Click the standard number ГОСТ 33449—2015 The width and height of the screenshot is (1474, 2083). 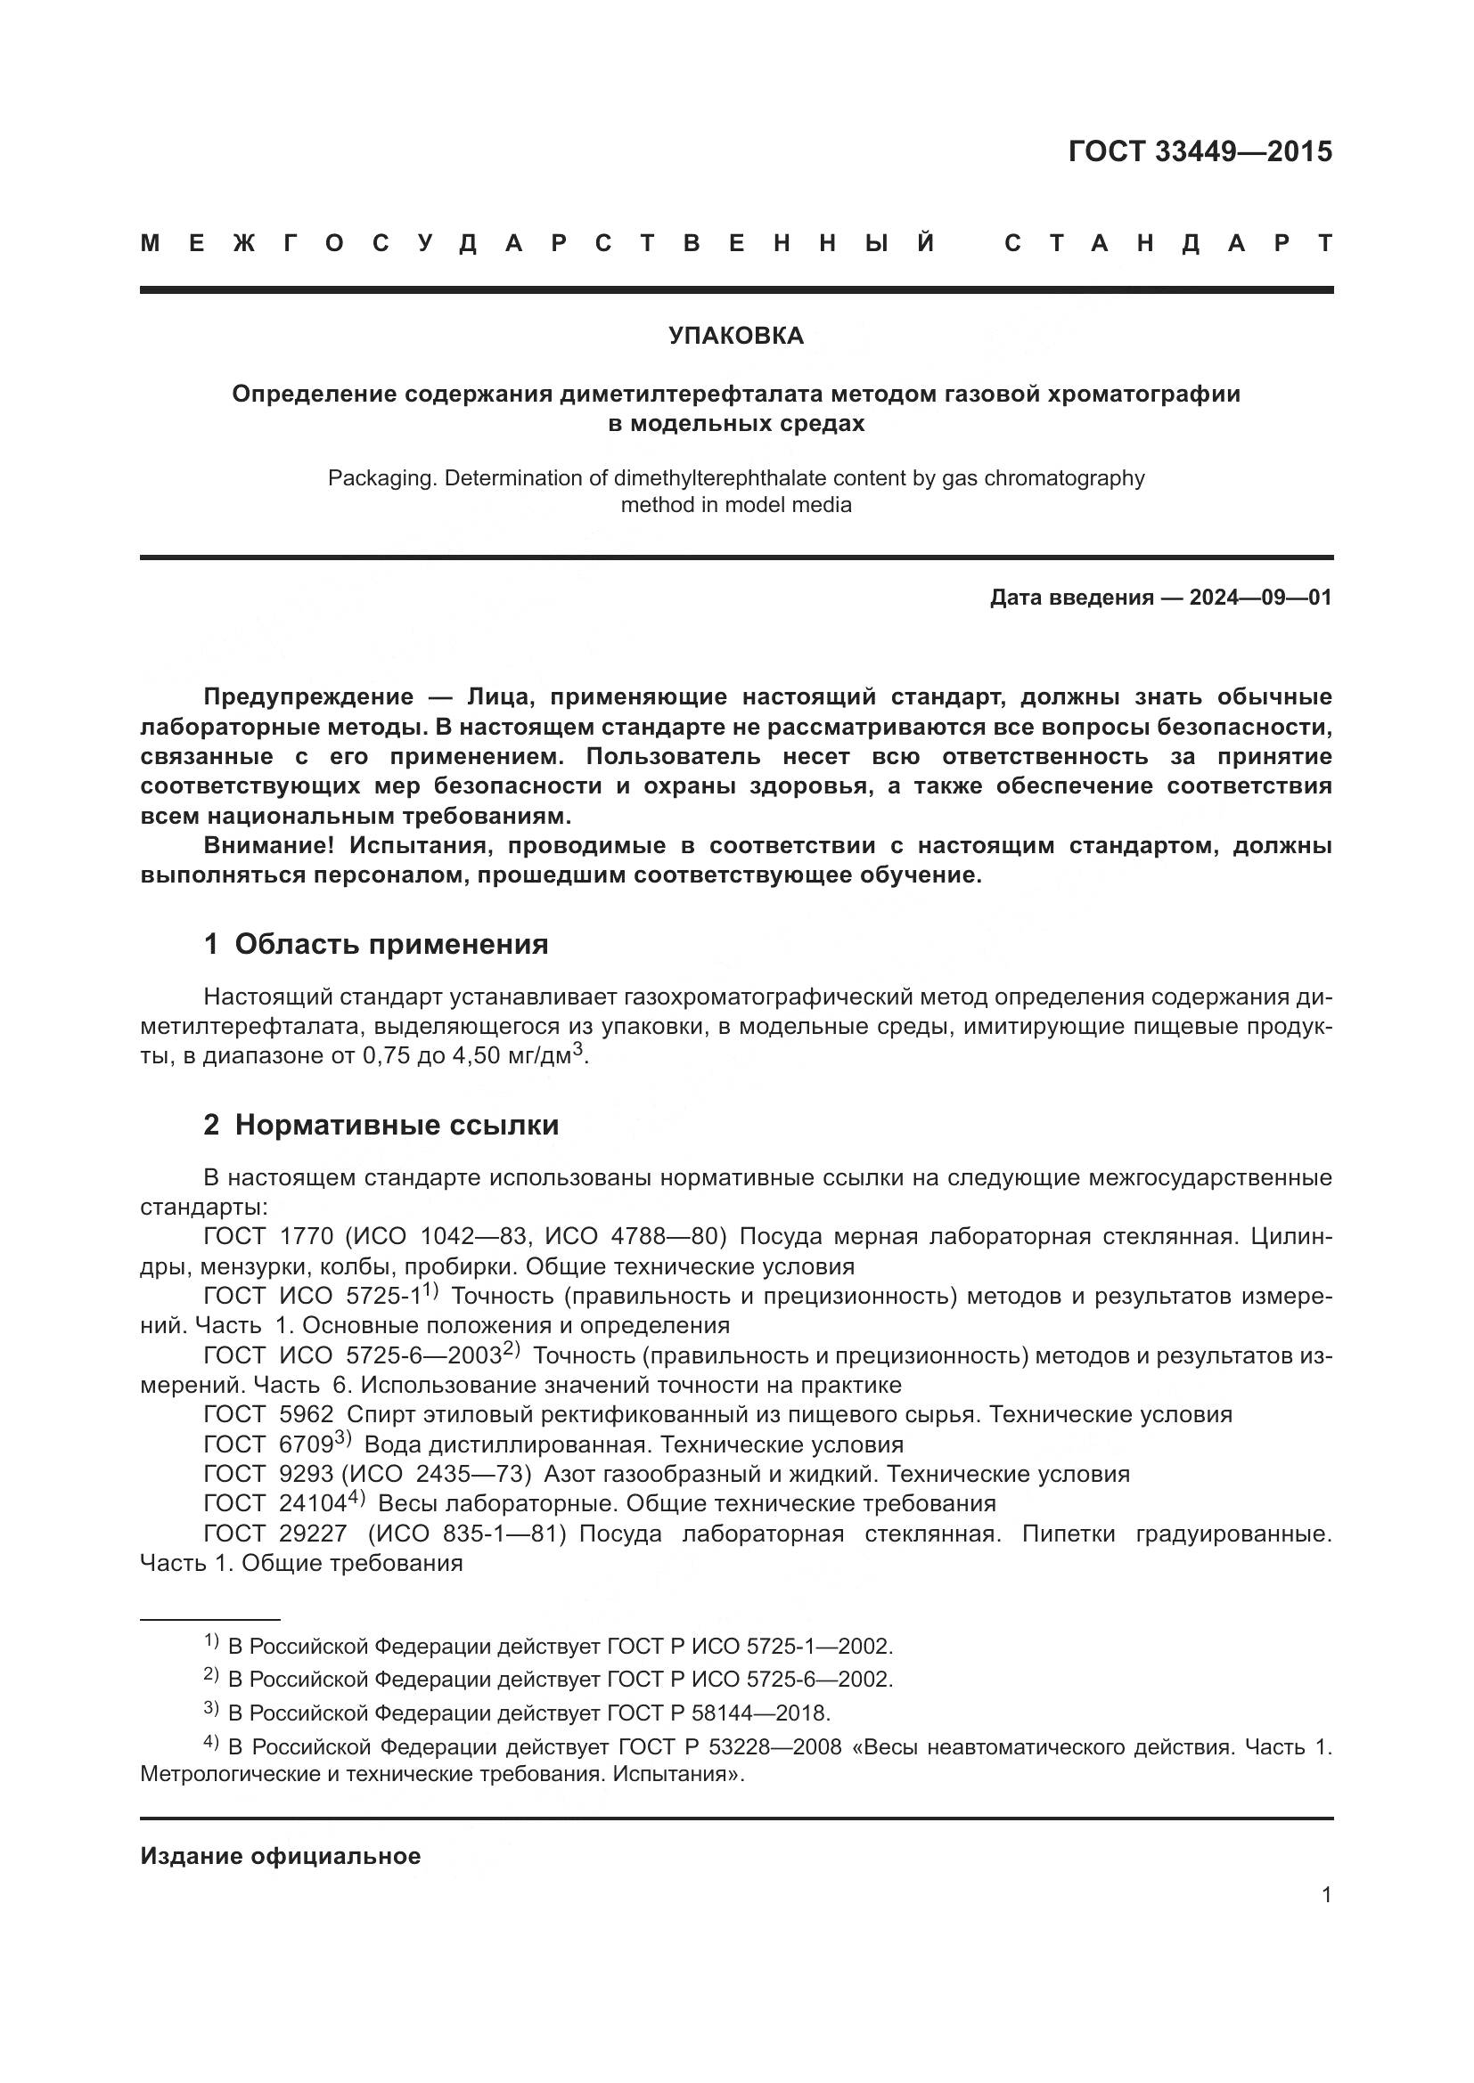point(1199,151)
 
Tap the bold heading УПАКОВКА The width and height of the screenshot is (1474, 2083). point(736,336)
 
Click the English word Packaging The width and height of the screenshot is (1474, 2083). point(382,478)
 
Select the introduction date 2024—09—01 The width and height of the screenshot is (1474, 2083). point(1260,598)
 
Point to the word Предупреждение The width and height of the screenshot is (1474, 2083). point(308,696)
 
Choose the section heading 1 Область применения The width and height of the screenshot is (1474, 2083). point(376,944)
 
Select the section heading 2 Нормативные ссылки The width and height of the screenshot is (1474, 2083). point(381,1125)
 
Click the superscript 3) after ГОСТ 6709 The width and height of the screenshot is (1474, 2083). point(342,1437)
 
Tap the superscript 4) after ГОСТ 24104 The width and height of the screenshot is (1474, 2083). point(356,1497)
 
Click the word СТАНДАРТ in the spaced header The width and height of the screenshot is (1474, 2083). point(1169,243)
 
